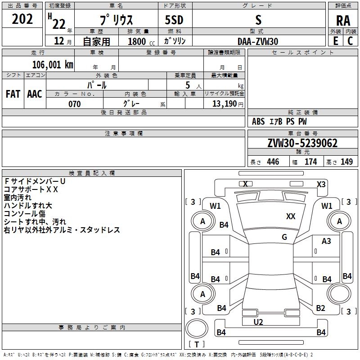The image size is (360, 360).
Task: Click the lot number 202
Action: pos(22,19)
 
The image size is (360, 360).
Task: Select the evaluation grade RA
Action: pos(343,21)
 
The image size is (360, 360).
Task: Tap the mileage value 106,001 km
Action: pos(53,65)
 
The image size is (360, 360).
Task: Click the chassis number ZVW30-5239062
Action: pos(302,143)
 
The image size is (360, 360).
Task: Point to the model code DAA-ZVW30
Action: pos(257,41)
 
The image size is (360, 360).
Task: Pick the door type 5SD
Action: pos(174,20)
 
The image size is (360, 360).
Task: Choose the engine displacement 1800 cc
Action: pos(141,41)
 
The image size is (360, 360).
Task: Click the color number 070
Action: pos(74,104)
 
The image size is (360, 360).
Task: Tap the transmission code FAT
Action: pos(13,94)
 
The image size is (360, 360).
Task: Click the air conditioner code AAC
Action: pos(35,94)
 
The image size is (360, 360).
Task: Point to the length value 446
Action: pos(273,162)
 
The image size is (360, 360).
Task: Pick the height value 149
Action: pos(346,162)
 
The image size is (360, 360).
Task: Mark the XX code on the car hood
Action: pos(291,216)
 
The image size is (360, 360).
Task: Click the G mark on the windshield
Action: pos(284,237)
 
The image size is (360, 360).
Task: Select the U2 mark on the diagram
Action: pos(258,322)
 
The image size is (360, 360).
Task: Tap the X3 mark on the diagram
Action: pos(321,184)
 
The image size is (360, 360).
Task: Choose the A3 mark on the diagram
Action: pos(326,241)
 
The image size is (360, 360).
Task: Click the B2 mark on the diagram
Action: pos(320,308)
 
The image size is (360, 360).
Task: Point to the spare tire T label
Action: pos(197,344)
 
